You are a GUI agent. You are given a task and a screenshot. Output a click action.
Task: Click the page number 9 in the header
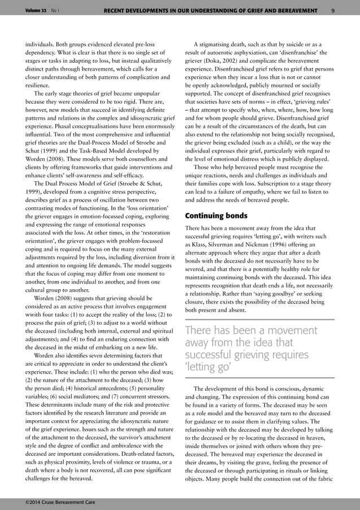click(333, 10)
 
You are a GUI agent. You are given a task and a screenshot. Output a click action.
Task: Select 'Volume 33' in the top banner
click(36, 10)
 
